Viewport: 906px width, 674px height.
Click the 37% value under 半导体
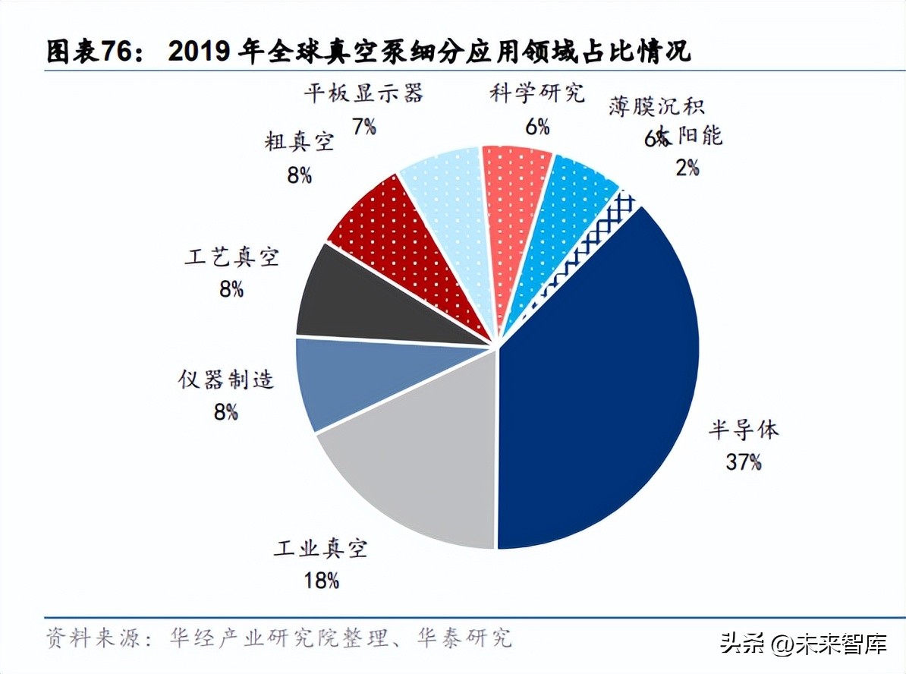pyautogui.click(x=743, y=461)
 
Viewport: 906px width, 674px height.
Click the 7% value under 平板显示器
pyautogui.click(x=364, y=126)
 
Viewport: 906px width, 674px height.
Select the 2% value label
pyautogui.click(x=687, y=167)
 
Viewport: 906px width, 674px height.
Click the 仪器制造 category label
pyautogui.click(x=226, y=380)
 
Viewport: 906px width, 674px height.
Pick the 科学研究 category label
pyautogui.click(x=537, y=94)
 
